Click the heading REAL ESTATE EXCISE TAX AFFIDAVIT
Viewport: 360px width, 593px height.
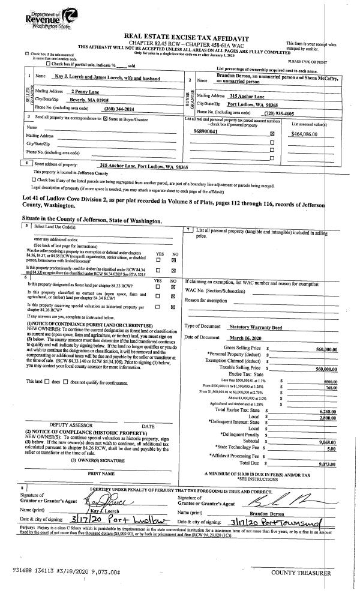pos(179,37)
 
